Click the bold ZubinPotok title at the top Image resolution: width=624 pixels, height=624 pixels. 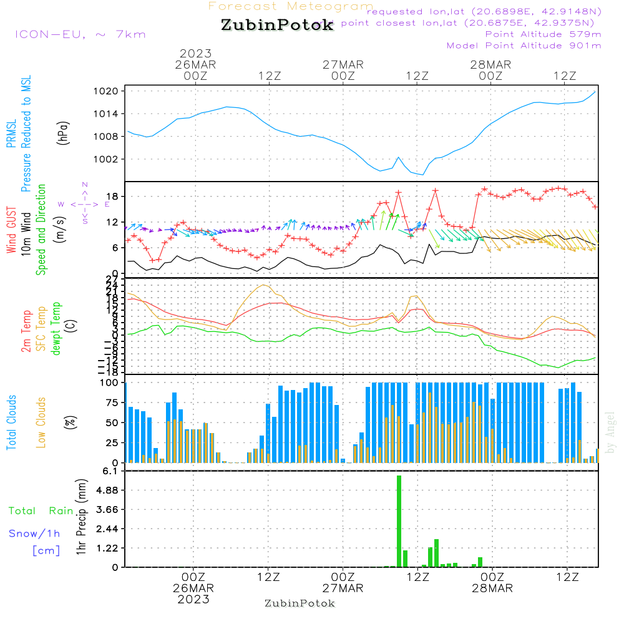(277, 26)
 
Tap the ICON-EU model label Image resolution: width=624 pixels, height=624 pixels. (80, 34)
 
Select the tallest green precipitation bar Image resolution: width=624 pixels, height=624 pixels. (399, 521)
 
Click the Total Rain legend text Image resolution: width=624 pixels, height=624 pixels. (41, 510)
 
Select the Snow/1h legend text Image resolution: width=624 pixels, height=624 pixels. (35, 534)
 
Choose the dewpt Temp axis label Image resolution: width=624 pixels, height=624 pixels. (56, 329)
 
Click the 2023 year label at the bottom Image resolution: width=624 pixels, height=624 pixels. (193, 600)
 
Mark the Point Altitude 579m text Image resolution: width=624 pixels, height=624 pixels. (543, 34)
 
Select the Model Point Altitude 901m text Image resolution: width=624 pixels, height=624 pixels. (524, 46)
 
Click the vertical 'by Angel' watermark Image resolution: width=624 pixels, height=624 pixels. (611, 432)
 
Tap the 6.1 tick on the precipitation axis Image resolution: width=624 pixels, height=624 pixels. (111, 472)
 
